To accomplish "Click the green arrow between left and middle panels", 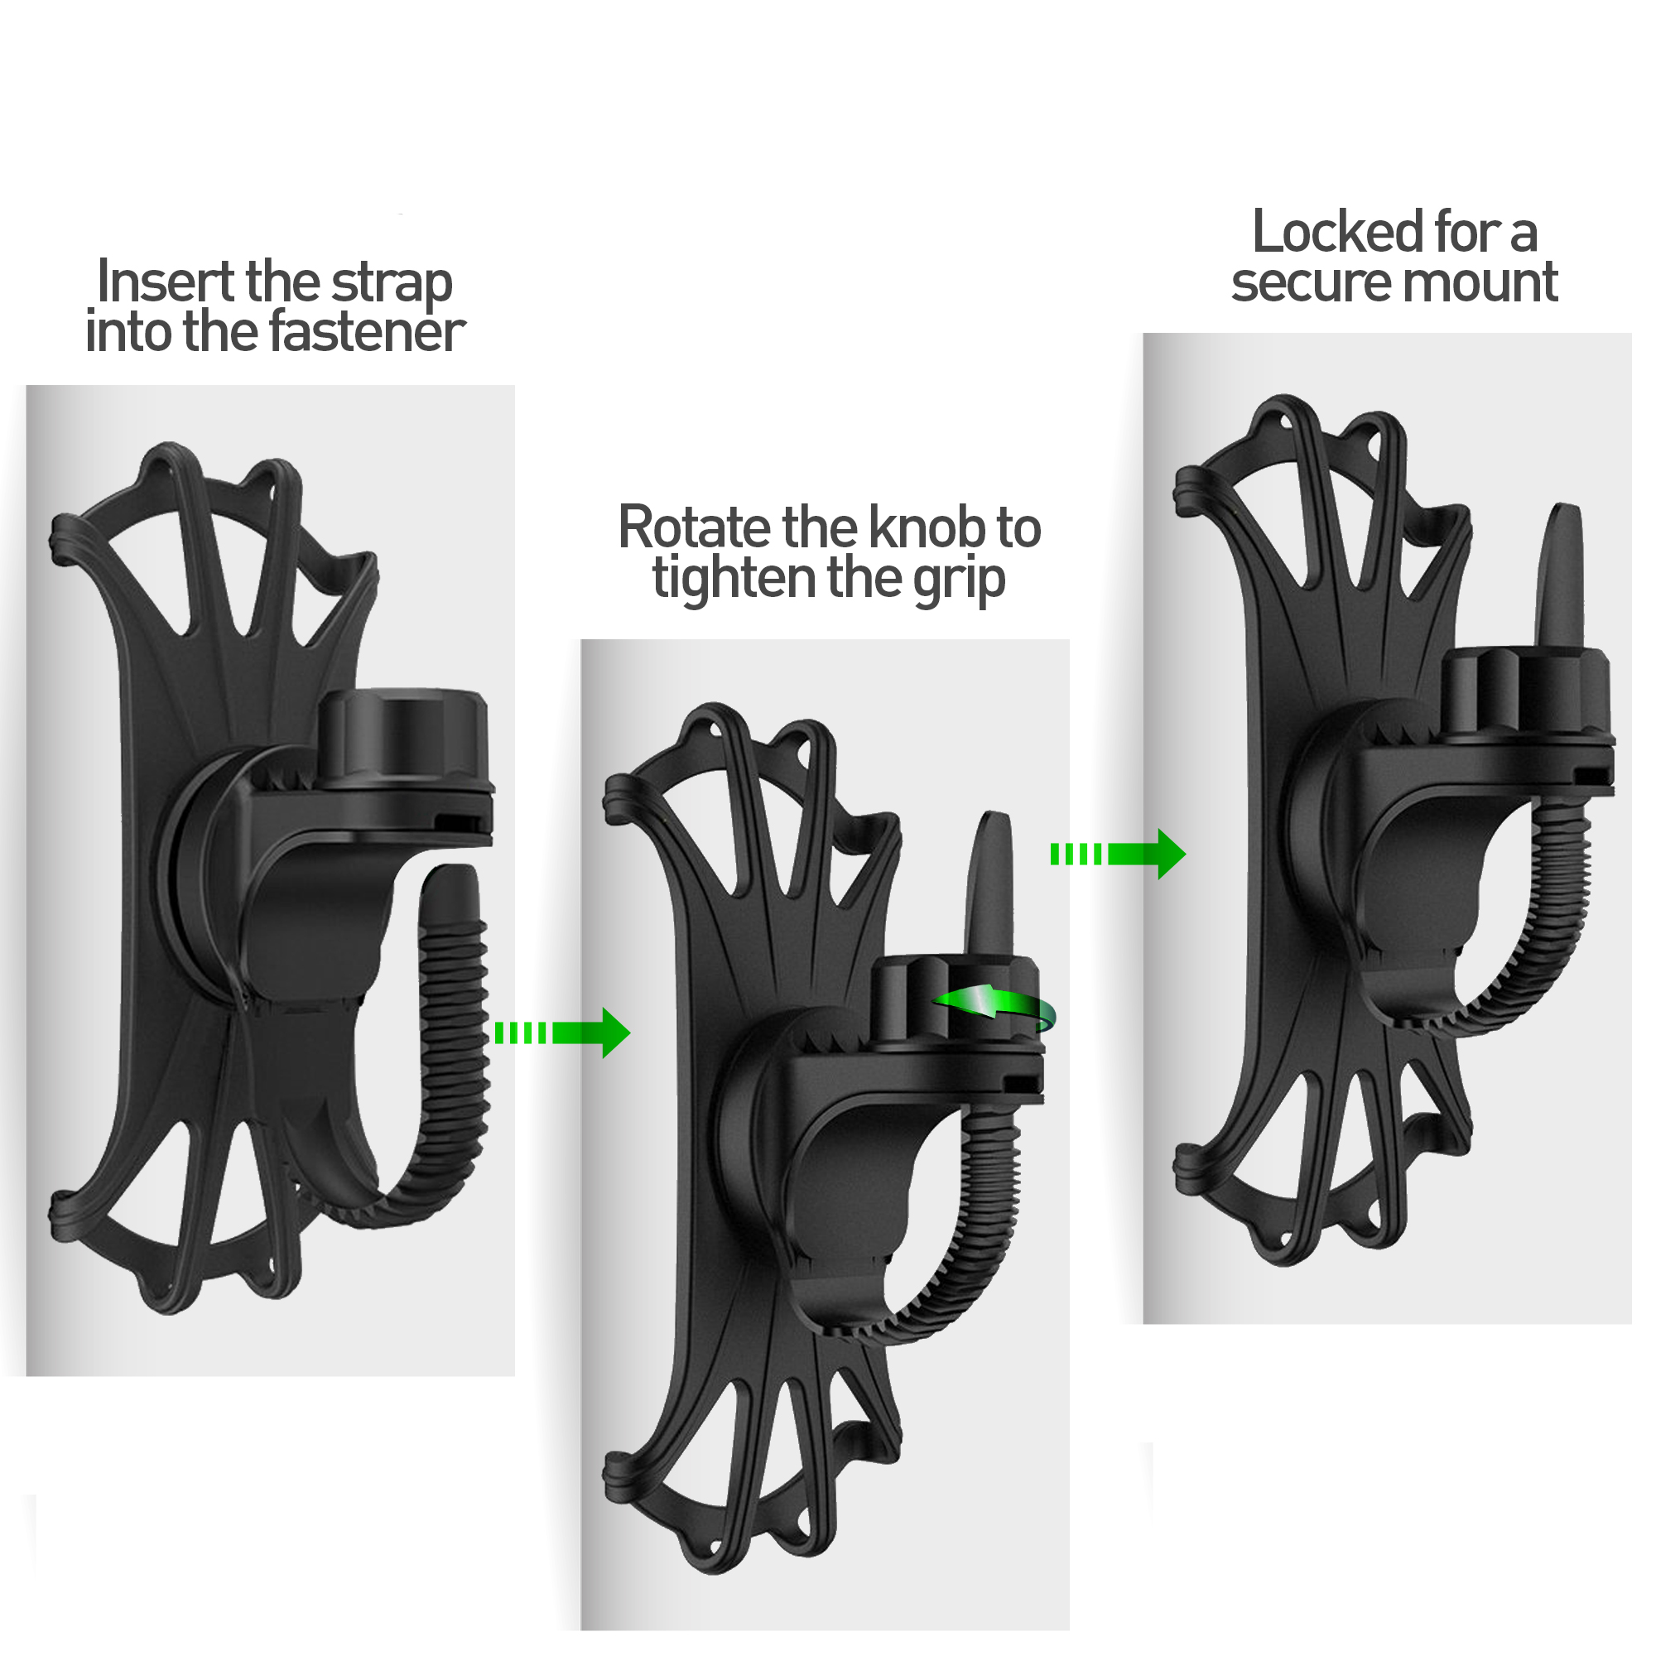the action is point(562,1033).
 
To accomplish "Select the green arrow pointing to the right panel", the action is point(1119,854).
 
